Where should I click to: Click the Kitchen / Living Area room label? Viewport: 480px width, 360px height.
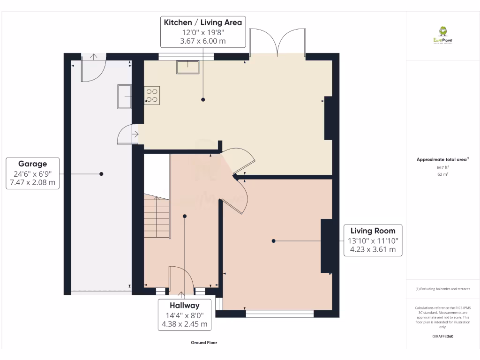tap(202, 22)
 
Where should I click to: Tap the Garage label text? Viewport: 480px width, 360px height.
tap(32, 164)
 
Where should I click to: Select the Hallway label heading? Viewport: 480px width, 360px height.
tap(185, 305)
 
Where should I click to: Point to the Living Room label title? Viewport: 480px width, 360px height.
tap(373, 231)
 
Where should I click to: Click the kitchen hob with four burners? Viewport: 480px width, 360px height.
tap(152, 95)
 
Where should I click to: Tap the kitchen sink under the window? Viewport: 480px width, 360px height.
tap(187, 67)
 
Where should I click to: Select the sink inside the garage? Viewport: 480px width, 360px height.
tap(125, 96)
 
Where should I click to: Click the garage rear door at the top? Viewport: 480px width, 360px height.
tap(94, 68)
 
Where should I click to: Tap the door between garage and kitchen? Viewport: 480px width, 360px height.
tap(127, 135)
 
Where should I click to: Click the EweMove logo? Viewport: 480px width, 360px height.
tap(442, 35)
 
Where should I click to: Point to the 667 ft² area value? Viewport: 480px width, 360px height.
tap(442, 167)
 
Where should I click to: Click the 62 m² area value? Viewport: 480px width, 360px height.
tap(442, 174)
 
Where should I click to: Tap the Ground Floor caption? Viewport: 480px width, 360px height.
tap(204, 343)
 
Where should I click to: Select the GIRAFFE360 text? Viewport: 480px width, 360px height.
tap(442, 336)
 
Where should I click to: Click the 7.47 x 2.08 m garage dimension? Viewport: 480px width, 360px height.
tap(32, 182)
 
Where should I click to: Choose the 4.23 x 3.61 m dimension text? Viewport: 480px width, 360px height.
tap(373, 250)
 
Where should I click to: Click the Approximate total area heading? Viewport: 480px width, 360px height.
tap(442, 159)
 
